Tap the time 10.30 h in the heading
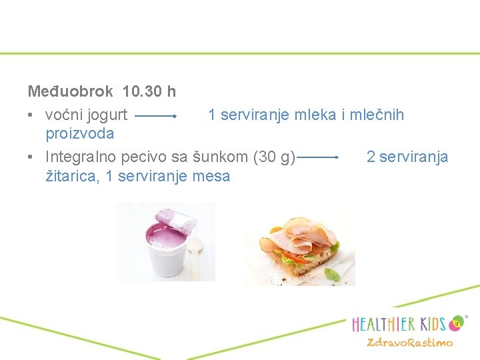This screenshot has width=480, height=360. (x=149, y=90)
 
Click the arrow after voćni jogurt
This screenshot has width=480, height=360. (x=155, y=115)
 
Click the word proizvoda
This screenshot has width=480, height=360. (x=79, y=133)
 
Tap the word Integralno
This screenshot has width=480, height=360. (x=79, y=157)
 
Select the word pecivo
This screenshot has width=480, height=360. (x=137, y=157)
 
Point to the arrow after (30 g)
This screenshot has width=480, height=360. (x=319, y=158)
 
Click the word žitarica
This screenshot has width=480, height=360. (x=73, y=176)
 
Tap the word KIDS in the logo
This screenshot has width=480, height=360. (x=425, y=324)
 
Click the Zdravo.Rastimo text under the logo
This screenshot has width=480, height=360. (x=409, y=343)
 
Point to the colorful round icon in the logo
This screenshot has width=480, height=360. (x=457, y=323)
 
